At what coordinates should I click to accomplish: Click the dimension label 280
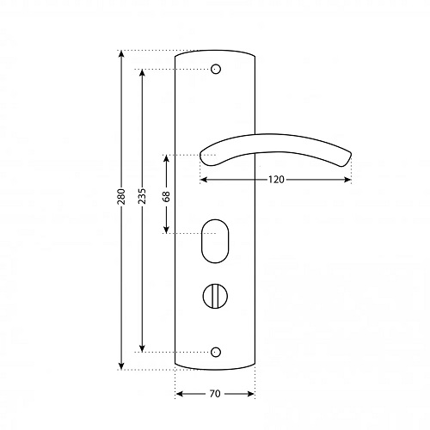[x=121, y=196]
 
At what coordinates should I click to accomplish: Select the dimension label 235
[x=142, y=196]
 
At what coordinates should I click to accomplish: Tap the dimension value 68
[x=166, y=196]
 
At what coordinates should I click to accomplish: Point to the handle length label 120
[x=276, y=180]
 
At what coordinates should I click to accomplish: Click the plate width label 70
[x=215, y=394]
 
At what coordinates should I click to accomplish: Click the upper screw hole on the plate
[x=216, y=69]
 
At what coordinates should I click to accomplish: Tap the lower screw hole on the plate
[x=216, y=352]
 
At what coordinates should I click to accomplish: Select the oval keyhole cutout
[x=215, y=241]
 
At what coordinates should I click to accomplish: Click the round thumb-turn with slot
[x=215, y=296]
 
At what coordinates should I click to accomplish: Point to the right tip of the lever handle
[x=351, y=154]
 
